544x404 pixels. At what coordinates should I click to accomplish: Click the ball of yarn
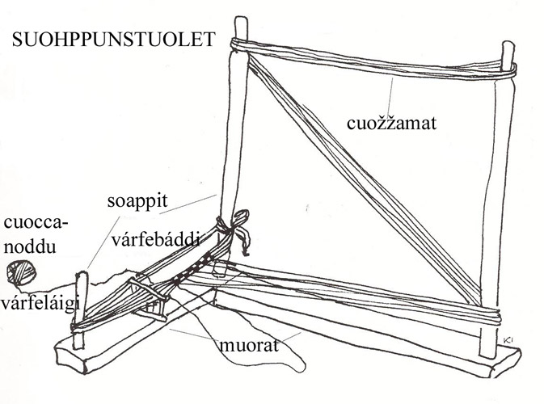pyautogui.click(x=17, y=273)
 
